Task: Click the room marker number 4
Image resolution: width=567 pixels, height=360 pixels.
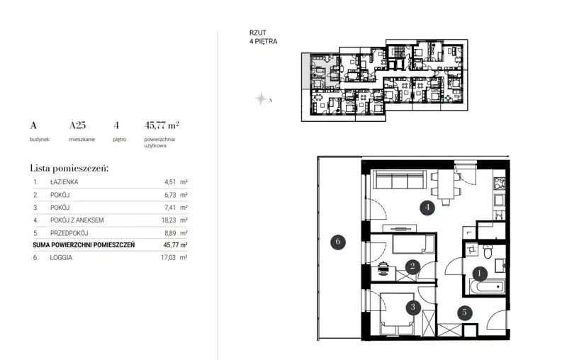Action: [x=427, y=208]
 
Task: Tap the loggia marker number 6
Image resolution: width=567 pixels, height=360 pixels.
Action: [x=338, y=242]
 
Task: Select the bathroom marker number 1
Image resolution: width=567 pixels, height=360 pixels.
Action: [x=480, y=274]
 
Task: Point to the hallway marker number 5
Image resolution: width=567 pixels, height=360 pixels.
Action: [x=464, y=313]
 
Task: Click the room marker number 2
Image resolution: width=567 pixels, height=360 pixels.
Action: [x=412, y=266]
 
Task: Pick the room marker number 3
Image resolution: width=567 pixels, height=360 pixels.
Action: [x=412, y=308]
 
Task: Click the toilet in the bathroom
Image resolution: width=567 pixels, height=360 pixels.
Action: [x=488, y=251]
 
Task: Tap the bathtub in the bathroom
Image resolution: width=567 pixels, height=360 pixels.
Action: [x=487, y=287]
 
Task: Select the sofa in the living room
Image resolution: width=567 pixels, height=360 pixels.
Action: [x=399, y=179]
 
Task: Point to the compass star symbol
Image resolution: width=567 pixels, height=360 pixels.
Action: [x=261, y=99]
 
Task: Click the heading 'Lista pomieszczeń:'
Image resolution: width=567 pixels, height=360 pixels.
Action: [x=69, y=168]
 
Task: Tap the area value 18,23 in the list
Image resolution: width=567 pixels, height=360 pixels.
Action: [x=169, y=220]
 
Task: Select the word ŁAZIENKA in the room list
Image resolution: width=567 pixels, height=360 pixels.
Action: [x=64, y=182]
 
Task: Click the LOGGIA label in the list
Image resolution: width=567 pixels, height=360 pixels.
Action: [x=61, y=258]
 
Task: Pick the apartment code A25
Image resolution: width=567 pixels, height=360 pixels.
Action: [x=77, y=125]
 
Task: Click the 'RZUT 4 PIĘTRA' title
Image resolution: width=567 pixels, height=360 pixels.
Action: [x=263, y=37]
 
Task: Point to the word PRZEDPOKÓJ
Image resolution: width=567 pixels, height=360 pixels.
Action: [x=69, y=233]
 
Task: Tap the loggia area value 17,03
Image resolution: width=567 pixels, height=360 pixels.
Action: [x=169, y=258]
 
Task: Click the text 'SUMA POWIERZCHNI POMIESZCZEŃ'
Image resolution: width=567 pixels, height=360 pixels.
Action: [x=84, y=245]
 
